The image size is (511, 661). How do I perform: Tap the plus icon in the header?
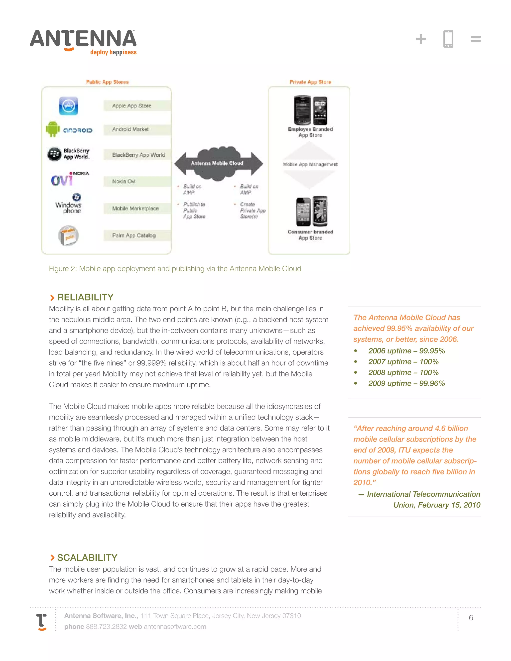420,39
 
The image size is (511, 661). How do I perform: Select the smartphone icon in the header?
448,39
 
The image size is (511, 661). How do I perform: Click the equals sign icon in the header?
476,39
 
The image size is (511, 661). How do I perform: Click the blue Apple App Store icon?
68,106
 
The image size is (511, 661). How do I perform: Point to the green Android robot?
53,129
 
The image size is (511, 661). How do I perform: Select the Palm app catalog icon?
68,235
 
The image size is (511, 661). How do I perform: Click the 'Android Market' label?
130,129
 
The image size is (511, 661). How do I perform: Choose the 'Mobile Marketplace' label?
135,209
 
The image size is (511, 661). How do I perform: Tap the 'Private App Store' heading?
310,82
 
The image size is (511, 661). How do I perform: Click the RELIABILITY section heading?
85,297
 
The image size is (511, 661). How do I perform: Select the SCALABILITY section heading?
87,557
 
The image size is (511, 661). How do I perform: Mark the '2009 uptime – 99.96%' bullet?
406,383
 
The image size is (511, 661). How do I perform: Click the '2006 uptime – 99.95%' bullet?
406,351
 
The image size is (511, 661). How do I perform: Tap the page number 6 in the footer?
471,618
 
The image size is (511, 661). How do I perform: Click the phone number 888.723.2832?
106,627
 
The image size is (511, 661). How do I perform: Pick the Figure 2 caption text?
175,269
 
